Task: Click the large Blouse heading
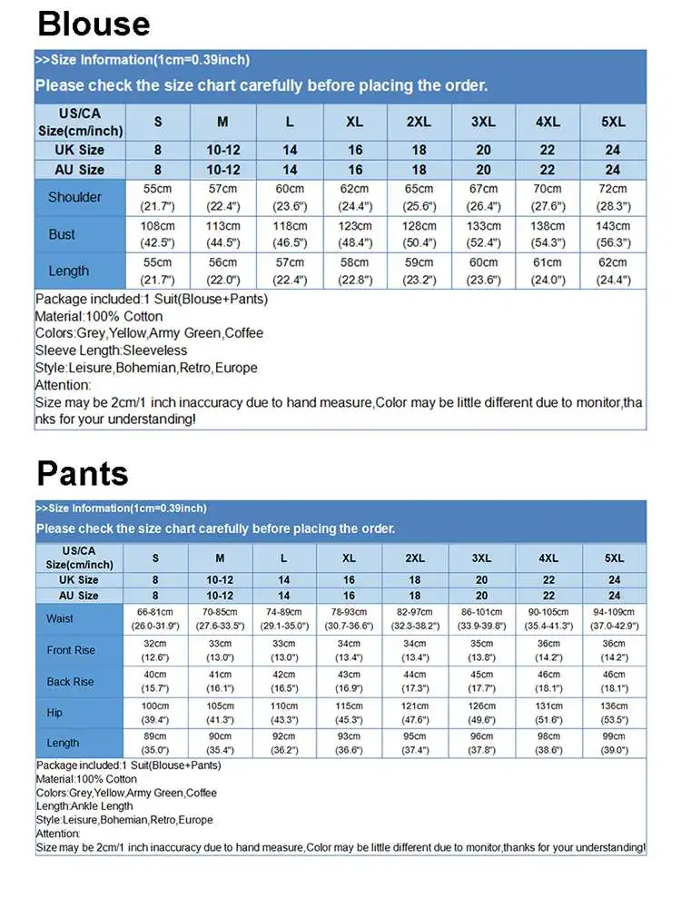(94, 24)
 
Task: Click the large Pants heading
(83, 473)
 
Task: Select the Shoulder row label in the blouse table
(74, 197)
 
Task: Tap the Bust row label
(62, 234)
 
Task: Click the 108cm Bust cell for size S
(157, 234)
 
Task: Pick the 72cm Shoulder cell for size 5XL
(613, 197)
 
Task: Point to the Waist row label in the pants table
(60, 618)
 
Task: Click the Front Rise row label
(71, 650)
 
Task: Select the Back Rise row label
(70, 681)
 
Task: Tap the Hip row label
(55, 713)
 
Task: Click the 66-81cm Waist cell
(155, 618)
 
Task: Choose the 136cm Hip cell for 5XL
(614, 713)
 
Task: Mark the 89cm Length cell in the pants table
(155, 744)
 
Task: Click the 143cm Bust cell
(613, 234)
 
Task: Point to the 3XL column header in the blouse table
(483, 122)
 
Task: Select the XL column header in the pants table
(349, 558)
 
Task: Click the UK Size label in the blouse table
(80, 150)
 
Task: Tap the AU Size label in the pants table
(80, 596)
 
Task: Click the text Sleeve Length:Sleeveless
(111, 350)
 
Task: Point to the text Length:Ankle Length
(84, 806)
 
